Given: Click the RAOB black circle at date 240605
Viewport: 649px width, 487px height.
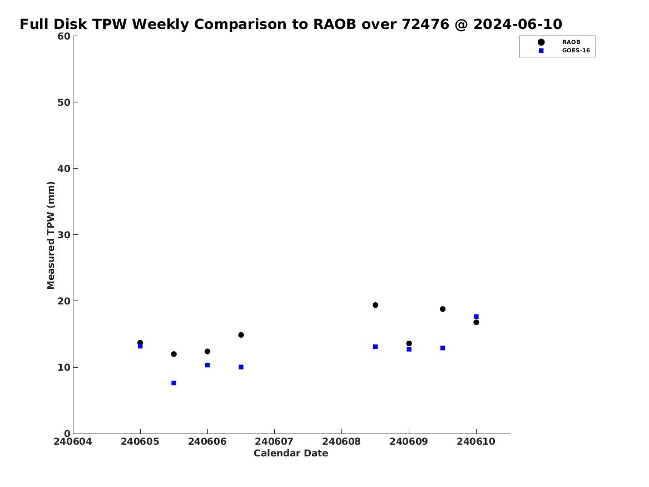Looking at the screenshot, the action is tap(140, 343).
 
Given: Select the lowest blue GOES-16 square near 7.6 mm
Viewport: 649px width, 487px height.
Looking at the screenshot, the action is tap(174, 383).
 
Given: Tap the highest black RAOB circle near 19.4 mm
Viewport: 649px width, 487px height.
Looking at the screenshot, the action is tap(375, 305).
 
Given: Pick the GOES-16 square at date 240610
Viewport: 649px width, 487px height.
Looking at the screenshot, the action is tap(477, 316).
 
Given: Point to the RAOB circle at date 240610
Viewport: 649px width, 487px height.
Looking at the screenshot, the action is tap(477, 322).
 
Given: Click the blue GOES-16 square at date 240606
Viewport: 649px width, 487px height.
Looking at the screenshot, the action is tap(207, 365).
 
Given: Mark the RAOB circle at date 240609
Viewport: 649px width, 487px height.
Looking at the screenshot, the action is tap(409, 343).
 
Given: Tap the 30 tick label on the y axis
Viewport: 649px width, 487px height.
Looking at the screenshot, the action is tap(64, 235).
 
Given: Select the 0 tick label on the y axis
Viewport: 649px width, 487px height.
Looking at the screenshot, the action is tap(67, 434).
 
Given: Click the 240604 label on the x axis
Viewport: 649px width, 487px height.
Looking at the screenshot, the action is tap(73, 442).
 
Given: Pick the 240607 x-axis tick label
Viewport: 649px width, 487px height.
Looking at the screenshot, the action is tap(274, 442).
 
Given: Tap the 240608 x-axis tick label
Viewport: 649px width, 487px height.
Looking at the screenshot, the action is tap(341, 442).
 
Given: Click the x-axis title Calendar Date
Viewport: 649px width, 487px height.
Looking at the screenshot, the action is tap(291, 454).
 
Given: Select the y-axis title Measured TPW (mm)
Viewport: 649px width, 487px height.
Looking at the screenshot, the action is tap(51, 235).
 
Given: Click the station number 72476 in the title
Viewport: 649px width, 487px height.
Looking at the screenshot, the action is tap(425, 24).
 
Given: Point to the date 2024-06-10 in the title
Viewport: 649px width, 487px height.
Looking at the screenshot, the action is tap(518, 24).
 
